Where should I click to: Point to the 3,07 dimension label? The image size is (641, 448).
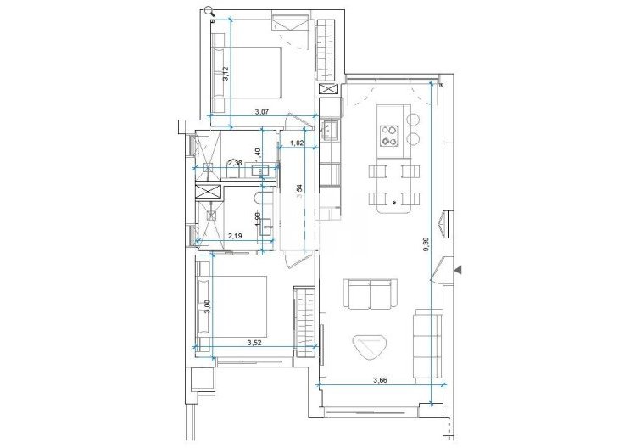[263, 112]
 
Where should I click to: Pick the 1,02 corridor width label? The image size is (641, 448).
[297, 143]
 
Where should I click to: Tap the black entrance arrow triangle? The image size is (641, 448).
[459, 270]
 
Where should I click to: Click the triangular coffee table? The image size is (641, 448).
[371, 344]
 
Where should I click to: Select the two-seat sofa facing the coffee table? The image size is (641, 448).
[371, 295]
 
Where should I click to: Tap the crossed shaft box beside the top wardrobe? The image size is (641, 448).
[327, 89]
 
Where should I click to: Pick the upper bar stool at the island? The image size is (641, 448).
[414, 118]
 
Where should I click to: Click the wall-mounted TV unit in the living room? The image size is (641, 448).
[323, 331]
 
